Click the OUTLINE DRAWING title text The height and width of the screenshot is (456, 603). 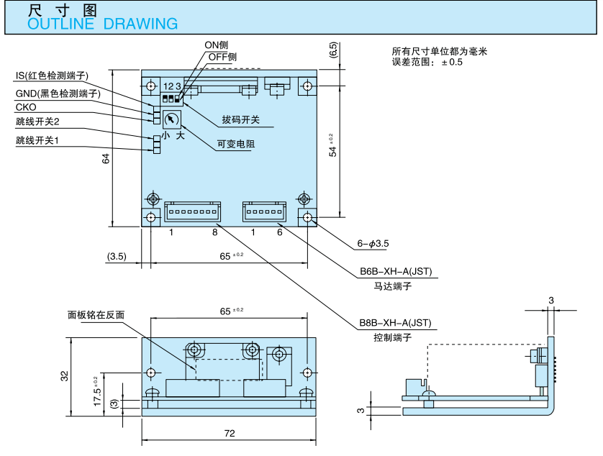[x=102, y=23]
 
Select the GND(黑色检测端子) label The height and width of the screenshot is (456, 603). [x=58, y=94]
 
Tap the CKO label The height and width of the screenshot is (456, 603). [x=26, y=107]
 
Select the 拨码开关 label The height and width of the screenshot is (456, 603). [x=240, y=119]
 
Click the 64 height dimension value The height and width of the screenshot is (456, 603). [x=106, y=159]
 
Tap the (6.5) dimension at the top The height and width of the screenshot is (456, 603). [x=333, y=50]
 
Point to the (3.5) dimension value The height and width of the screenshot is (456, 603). [x=117, y=256]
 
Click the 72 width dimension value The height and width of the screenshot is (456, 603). [x=230, y=433]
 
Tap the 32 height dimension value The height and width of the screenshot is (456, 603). [x=64, y=375]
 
